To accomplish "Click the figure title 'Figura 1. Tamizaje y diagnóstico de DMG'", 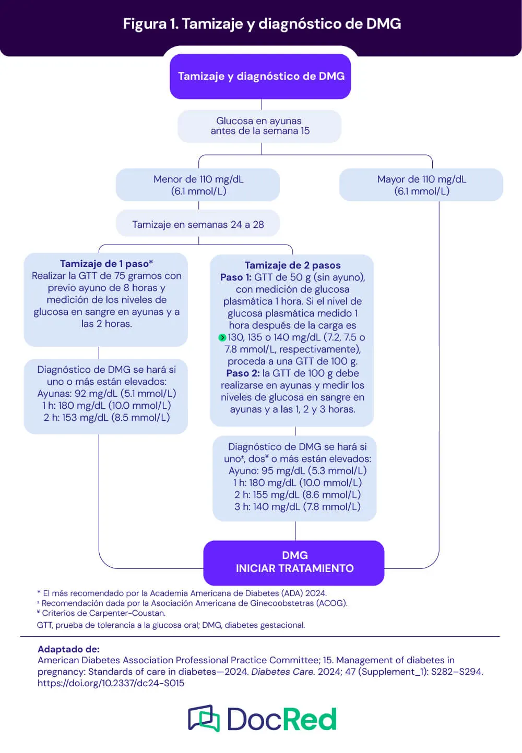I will coord(262,24).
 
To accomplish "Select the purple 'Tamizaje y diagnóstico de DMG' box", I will coord(260,76).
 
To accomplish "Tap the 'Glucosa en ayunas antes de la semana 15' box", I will coord(259,126).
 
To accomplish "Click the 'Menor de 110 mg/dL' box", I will coord(198,185).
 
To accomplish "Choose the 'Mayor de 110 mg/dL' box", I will coord(421,185).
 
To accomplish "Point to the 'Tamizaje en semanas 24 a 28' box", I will coord(198,225).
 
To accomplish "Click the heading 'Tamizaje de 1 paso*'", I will coord(106,264).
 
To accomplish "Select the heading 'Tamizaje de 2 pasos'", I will coord(292,265).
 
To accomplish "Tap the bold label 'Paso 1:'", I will coord(235,277).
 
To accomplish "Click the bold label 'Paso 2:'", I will coord(242,373).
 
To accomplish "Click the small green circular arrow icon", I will coord(222,338).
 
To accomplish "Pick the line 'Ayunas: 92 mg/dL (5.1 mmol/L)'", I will coord(106,394).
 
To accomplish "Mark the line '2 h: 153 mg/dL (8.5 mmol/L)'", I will coord(106,418).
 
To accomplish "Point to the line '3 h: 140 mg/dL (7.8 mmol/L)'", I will coord(297,507).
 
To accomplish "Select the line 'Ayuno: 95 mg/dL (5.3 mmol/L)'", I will coord(297,471).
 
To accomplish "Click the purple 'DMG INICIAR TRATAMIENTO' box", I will coord(294,562).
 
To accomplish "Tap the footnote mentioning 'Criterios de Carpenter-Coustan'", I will coord(101,613).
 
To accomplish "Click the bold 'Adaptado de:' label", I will coord(68,649).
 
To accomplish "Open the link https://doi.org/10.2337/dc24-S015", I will coord(111,683).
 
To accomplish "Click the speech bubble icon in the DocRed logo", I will coord(204,719).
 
